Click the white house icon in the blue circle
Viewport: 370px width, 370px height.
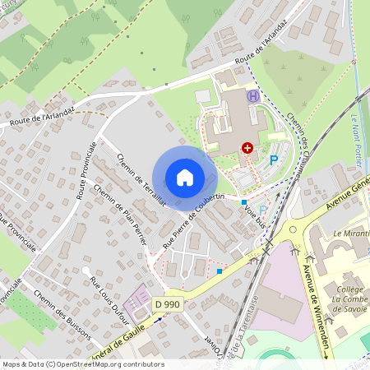[x=185, y=177]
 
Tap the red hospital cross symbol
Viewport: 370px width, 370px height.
[x=247, y=147]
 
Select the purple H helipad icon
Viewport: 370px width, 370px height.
[x=253, y=96]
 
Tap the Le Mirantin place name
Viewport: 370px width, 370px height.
[x=350, y=234]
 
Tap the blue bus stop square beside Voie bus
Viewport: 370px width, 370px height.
[x=244, y=201]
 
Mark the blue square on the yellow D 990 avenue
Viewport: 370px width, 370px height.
[x=219, y=271]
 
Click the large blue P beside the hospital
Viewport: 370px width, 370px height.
[x=274, y=160]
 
